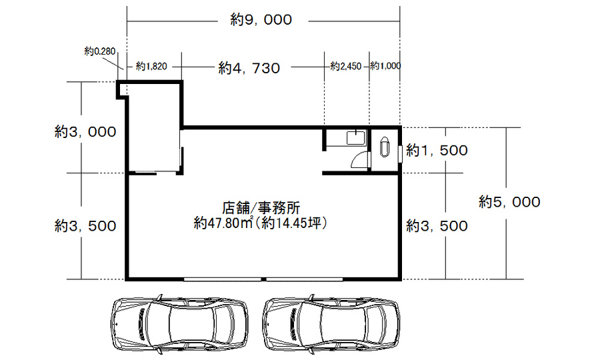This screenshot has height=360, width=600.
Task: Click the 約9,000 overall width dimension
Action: pos(261,19)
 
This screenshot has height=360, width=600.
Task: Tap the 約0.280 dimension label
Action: pos(99,51)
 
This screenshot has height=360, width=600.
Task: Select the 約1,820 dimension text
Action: pos(151,67)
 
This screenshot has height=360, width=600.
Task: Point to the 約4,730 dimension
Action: pos(249,68)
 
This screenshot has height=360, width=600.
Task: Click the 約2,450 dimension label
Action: pos(346,66)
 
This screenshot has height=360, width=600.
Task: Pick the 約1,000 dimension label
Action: pos(385,66)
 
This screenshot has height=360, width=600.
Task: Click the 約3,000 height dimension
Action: pos(85,132)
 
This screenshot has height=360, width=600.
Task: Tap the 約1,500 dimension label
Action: pos(437,151)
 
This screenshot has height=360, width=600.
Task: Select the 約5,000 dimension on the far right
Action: pos(509,202)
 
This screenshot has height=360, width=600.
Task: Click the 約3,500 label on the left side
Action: pos(85,226)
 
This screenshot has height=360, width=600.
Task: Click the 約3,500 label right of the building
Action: pos(437,226)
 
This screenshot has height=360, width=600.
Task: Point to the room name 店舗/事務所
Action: pos(261,208)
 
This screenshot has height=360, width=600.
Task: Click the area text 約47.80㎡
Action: pos(223,223)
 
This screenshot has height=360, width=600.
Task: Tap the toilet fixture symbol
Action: pos(384,147)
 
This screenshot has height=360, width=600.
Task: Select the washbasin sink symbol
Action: pos(356,137)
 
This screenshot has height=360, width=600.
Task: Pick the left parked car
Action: pos(180,323)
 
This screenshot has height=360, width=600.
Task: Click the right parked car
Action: pos(331,323)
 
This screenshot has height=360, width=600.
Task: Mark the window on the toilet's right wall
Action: pos(400,154)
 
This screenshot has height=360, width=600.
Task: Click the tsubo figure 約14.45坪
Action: pos(293,223)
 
